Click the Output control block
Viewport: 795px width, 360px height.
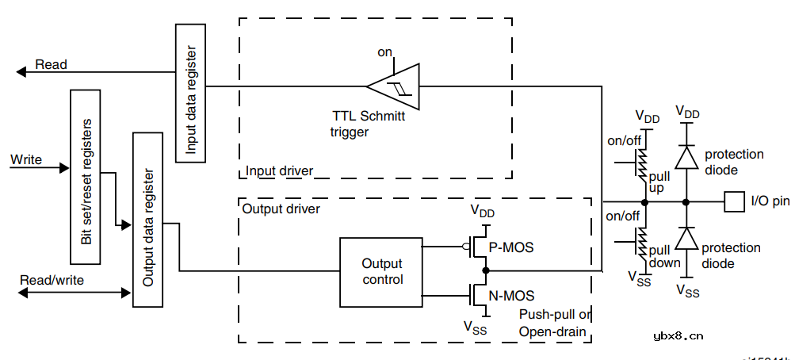(381, 271)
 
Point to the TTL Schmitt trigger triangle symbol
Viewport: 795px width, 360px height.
(394, 86)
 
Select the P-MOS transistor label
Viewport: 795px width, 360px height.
(510, 247)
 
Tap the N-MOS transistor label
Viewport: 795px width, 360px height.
(511, 296)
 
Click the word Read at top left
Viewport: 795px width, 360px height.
(52, 64)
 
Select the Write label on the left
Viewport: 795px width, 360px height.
(26, 159)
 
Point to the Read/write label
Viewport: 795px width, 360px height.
(52, 280)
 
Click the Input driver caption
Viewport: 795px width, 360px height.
(279, 170)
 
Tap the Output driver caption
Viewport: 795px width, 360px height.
(281, 209)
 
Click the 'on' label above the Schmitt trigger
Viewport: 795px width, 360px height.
(384, 52)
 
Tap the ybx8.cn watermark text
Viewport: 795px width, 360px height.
(678, 336)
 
